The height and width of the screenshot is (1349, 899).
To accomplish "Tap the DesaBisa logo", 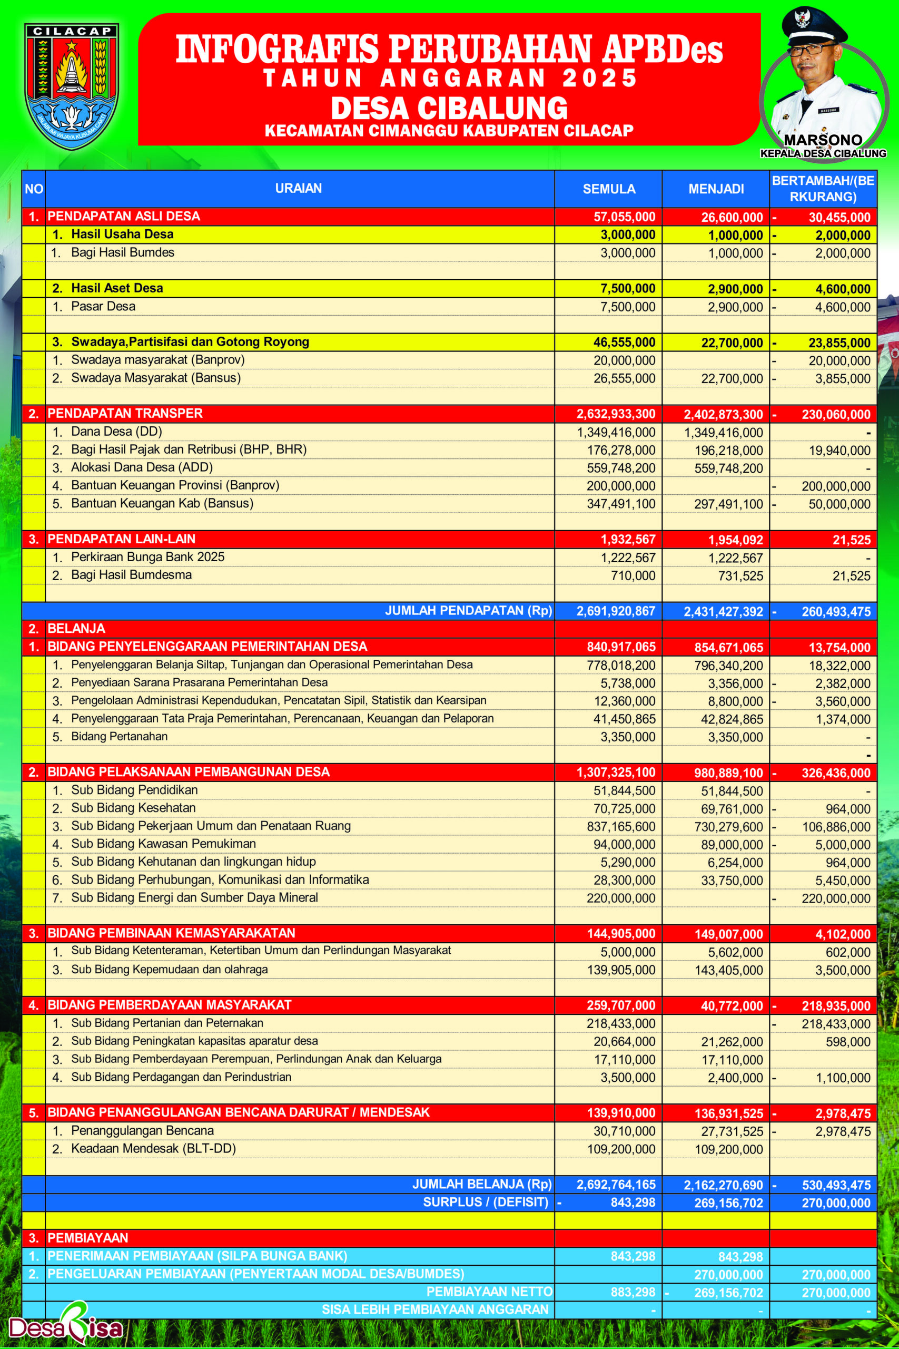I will coord(66,1327).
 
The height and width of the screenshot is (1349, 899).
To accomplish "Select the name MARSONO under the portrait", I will coord(823,141).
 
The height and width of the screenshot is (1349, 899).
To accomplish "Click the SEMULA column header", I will coord(609,189).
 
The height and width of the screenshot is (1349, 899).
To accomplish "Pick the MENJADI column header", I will coord(716,189).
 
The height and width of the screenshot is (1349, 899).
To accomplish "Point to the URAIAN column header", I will coord(298,188).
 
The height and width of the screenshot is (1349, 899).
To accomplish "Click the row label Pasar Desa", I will coord(103,306).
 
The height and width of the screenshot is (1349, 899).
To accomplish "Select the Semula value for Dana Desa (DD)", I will coord(616,433).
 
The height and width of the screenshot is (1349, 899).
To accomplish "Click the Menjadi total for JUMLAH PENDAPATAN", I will coord(723,611).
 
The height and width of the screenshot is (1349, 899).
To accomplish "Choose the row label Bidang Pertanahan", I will coord(119,737).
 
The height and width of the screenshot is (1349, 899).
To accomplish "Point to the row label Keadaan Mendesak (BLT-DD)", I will coord(153,1149).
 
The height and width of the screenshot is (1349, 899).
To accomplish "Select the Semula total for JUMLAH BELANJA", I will coord(616,1185).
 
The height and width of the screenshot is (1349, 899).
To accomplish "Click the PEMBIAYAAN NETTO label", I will coord(489,1292).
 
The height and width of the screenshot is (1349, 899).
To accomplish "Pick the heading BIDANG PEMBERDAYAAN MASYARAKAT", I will coord(169,1005).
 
